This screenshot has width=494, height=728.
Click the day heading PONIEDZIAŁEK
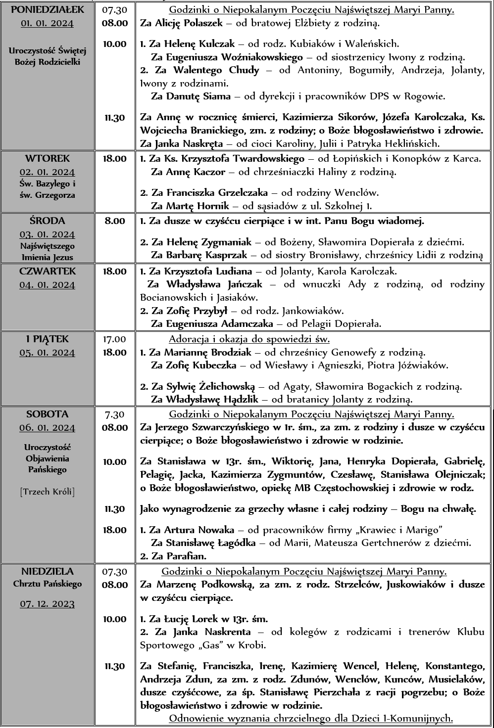point(48,10)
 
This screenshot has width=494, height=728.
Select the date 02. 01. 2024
point(48,172)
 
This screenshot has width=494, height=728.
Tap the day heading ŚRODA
point(48,221)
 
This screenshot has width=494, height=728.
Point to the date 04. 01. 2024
point(48,285)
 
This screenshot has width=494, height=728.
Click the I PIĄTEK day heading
point(48,339)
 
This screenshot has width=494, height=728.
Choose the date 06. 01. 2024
point(48,428)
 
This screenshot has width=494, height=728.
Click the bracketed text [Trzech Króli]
point(48,492)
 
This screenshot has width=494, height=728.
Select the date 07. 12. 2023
point(48,604)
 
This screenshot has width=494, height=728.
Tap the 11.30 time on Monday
point(115,118)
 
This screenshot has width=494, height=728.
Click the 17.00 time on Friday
point(115,339)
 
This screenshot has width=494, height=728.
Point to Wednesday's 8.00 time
point(115,221)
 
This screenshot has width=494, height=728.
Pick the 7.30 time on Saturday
point(115,414)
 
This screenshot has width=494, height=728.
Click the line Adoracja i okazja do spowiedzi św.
point(249,339)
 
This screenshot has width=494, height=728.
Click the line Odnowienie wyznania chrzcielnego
point(311,718)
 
